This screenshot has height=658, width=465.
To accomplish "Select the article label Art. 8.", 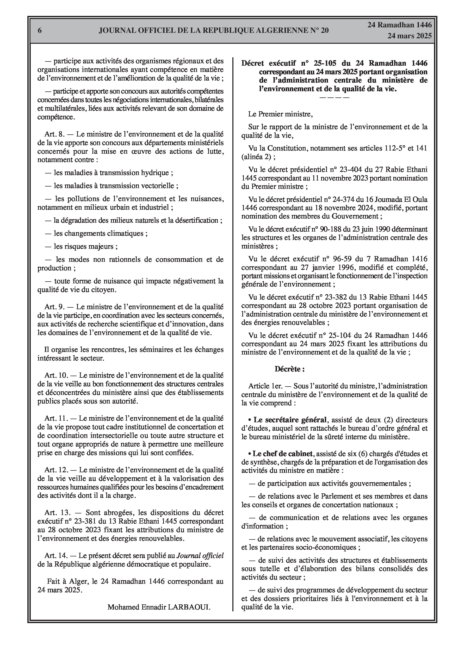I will [55, 134].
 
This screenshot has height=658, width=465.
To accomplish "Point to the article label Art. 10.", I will [56, 375].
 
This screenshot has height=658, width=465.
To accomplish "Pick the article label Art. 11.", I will [56, 418].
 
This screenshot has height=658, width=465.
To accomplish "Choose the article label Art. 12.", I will [56, 470].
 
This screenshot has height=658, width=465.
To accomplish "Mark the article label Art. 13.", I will [56, 513].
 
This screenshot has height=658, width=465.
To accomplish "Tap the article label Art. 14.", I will [56, 556].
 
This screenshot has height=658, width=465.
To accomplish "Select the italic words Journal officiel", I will [200, 556].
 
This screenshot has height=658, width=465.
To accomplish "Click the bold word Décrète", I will [289, 369].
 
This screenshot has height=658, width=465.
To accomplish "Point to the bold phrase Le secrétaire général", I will [290, 420].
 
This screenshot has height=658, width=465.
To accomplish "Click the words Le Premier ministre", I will [280, 114].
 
